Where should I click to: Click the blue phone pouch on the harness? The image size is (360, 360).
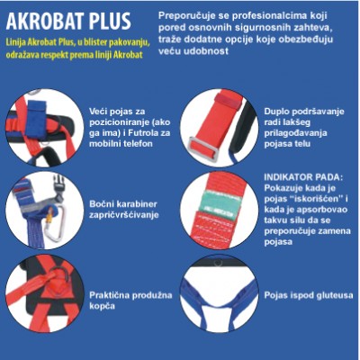[x=36, y=119]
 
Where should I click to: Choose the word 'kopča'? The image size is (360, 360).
[x=102, y=307]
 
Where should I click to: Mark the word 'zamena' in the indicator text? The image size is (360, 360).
[x=336, y=231]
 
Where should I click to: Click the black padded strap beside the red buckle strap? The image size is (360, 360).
[x=242, y=129]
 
